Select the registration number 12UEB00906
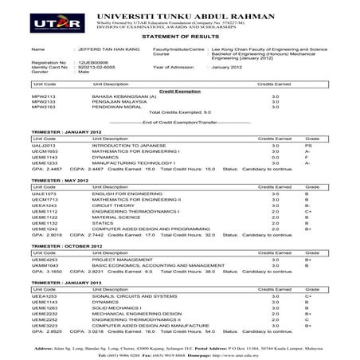tap(83, 61)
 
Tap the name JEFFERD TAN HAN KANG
tap(88, 49)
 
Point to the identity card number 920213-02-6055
tap(88, 67)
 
